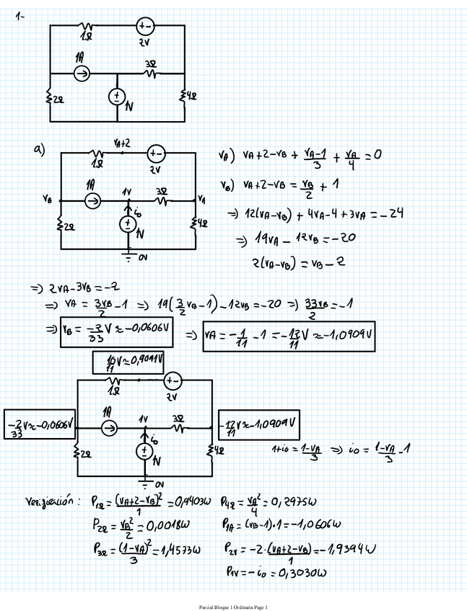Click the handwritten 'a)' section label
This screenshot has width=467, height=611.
pyautogui.click(x=39, y=149)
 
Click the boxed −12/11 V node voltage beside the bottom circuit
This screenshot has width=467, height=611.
pyautogui.click(x=260, y=420)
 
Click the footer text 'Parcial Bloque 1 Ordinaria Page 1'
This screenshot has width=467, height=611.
pyautogui.click(x=232, y=608)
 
